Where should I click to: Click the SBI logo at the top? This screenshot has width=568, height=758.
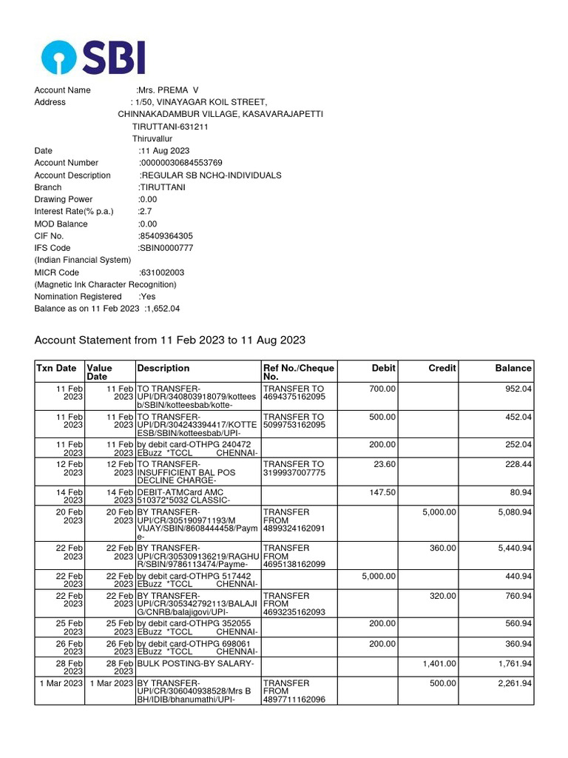coord(93,57)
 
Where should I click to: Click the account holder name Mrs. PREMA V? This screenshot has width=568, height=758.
coord(169,90)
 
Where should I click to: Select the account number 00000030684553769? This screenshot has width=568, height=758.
coord(180,163)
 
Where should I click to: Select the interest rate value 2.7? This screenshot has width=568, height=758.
coord(145,212)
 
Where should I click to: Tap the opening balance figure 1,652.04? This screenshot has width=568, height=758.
coord(163,309)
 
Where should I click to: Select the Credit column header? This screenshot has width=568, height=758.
coord(442,368)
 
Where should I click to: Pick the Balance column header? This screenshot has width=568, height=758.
coord(513,368)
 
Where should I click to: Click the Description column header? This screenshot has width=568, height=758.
coord(163,368)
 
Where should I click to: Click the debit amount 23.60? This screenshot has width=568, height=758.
coord(382,464)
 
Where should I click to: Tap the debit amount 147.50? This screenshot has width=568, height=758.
coord(380,492)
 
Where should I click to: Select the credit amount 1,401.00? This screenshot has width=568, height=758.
coord(439,664)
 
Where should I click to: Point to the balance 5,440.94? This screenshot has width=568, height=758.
coord(514,548)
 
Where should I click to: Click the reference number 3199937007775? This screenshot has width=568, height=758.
coord(294,473)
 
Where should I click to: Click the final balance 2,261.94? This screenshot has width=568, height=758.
coord(514,683)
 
